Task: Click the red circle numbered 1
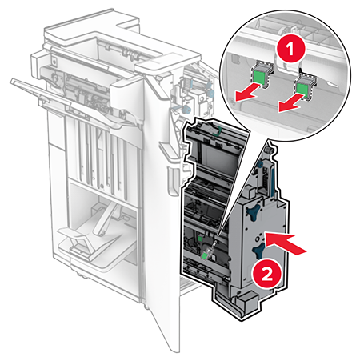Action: [290, 49]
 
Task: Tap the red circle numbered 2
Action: [267, 274]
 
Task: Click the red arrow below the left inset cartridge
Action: [247, 93]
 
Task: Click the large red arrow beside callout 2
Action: [286, 243]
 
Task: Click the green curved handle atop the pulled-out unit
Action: [217, 130]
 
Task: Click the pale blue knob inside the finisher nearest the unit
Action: [186, 109]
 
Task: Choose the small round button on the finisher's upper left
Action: [54, 62]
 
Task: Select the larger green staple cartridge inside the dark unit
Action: [205, 255]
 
